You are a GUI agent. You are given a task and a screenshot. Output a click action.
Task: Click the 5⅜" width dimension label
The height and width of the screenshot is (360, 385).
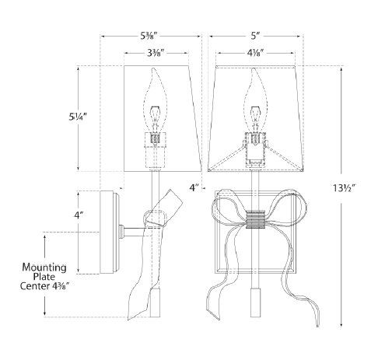pos(149,36)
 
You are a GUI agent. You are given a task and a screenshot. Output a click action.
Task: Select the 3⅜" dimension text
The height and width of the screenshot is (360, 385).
pos(156,53)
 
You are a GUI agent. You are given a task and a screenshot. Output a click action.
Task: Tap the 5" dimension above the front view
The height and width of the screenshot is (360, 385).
pos(255,36)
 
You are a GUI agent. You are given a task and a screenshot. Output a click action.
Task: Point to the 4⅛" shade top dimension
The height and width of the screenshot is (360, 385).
pos(255,53)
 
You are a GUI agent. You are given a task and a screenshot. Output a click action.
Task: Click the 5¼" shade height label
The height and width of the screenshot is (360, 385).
pos(77,117)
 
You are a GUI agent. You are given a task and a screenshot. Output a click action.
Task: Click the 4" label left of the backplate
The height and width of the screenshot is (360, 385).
pos(79,215)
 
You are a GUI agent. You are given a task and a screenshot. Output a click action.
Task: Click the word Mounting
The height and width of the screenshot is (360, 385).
pos(44,267)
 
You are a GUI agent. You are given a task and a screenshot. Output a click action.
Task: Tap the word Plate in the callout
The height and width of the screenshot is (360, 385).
pos(44,277)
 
